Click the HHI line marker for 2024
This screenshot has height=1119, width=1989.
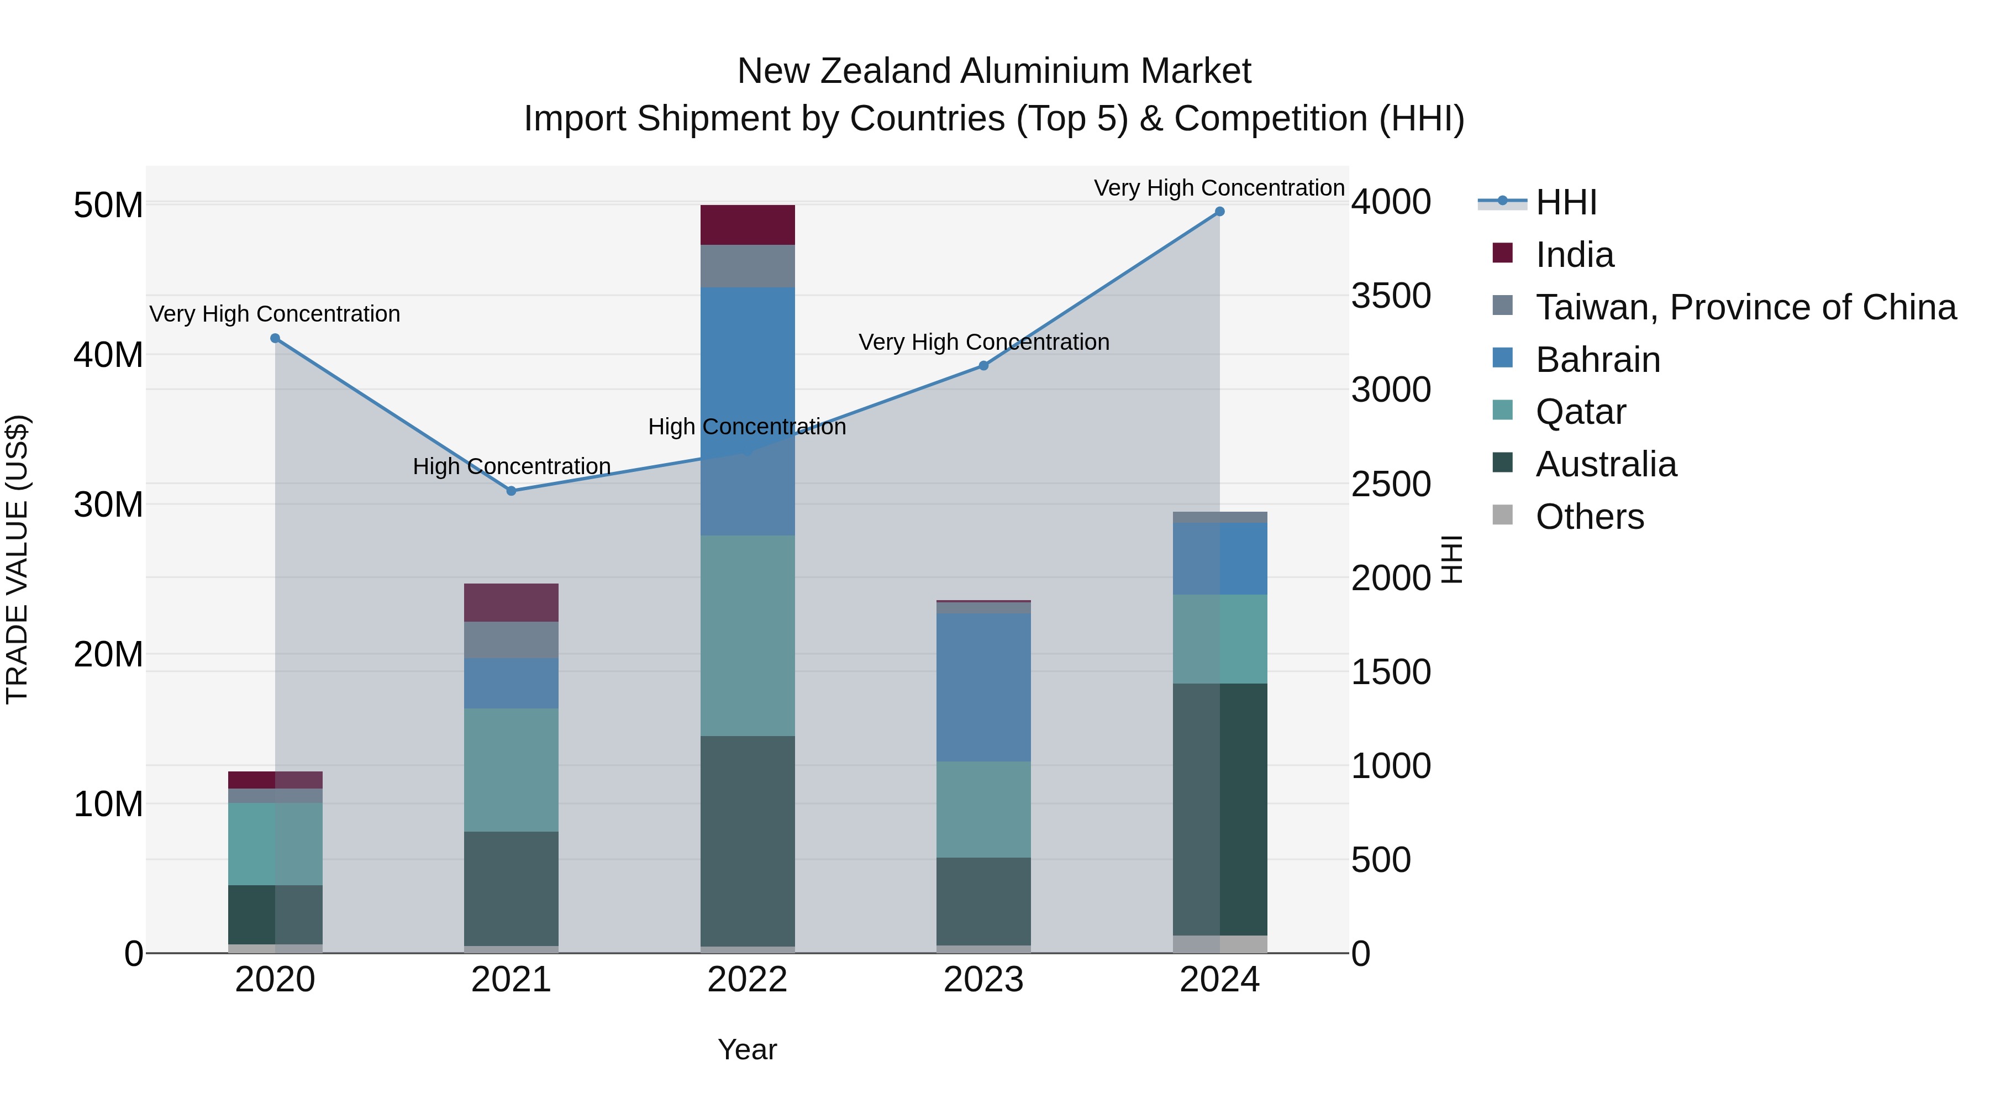pos(1219,212)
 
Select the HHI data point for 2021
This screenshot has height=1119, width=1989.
pos(511,491)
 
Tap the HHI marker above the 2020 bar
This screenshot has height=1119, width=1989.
pos(275,338)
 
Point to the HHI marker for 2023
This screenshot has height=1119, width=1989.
pos(983,365)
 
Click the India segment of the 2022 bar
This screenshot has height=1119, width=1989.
pos(748,225)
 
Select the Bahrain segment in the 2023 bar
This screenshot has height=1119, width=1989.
pos(983,687)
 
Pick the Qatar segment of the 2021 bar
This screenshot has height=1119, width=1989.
pos(511,770)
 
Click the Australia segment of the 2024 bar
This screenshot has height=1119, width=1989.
pos(1220,810)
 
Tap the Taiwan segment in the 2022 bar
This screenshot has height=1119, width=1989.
pos(748,266)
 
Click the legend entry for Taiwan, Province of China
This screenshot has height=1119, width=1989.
pos(1745,307)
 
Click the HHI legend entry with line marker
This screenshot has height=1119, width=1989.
pos(1565,202)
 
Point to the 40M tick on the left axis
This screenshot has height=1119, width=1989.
pos(108,355)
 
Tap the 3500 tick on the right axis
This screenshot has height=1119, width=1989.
pos(1391,296)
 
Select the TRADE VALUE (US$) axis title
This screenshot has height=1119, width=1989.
pos(17,559)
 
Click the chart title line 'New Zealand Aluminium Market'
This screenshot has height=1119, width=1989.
pos(994,71)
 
